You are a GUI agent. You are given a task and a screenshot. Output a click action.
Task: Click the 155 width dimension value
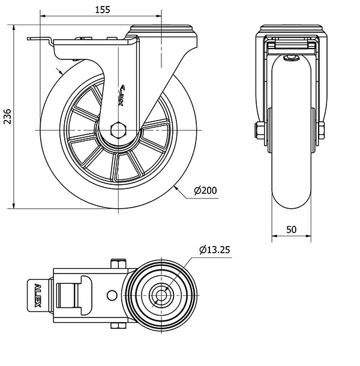pos(103,10)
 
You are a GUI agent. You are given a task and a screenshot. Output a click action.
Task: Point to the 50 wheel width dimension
pos(292,230)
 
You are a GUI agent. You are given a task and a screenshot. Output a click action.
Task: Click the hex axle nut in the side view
pos(119,130)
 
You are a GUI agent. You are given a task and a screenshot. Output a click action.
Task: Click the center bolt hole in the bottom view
pos(160,295)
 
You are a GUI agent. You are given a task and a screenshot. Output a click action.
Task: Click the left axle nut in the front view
pos(259,130)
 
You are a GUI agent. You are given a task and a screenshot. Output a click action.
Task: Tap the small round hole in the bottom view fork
pos(111,295)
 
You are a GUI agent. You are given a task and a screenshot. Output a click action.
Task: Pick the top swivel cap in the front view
pos(292,28)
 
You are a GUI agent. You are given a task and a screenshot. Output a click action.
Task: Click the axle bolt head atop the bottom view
pos(118,262)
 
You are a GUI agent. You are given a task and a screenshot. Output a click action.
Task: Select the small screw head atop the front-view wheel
pos(292,58)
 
